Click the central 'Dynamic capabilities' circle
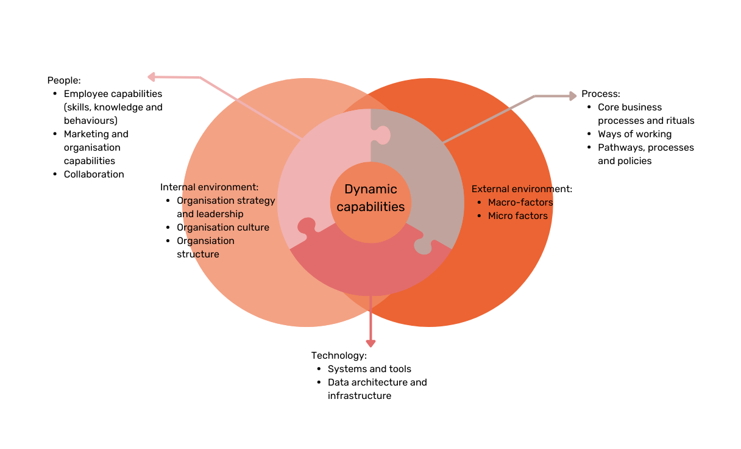(x=370, y=199)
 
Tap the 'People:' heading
(x=64, y=81)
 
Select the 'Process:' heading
(x=600, y=94)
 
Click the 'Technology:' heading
(x=339, y=356)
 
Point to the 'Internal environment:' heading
(x=209, y=187)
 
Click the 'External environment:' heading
(x=522, y=189)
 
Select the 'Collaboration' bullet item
(x=94, y=174)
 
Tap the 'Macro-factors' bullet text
(x=520, y=203)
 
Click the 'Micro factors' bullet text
(x=517, y=216)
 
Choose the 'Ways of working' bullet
(x=634, y=134)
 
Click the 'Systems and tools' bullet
(x=369, y=369)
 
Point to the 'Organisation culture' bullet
(x=223, y=228)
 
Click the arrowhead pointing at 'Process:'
(x=572, y=96)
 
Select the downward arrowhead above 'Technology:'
(x=370, y=343)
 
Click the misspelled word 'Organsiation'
(x=205, y=241)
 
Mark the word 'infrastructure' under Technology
(x=360, y=396)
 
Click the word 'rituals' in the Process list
(x=679, y=121)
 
